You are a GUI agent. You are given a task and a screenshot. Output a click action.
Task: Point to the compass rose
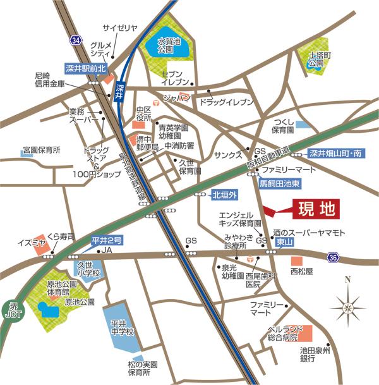click(348, 307)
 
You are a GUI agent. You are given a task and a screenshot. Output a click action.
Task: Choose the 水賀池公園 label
click(169, 44)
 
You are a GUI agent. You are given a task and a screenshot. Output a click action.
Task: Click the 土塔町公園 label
click(316, 59)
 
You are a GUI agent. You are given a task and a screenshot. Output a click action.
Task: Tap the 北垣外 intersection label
click(223, 195)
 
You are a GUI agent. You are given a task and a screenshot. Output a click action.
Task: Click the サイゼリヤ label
click(119, 28)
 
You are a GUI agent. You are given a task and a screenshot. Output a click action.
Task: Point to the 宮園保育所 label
click(41, 150)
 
